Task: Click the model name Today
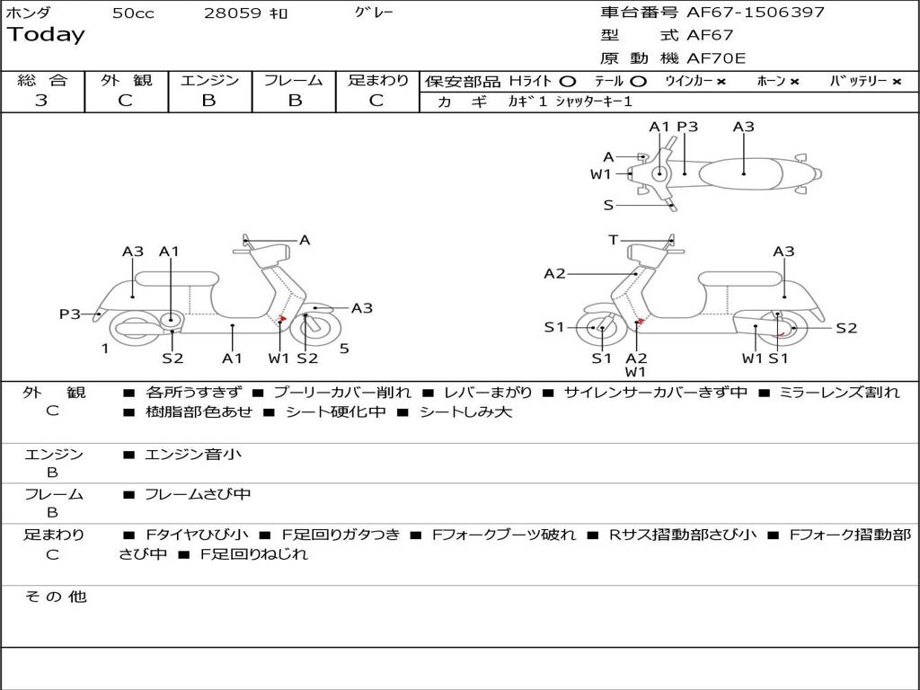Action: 46,35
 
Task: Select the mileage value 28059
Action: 233,13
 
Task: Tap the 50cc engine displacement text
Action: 133,13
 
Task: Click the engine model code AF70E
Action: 716,59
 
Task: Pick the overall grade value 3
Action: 41,101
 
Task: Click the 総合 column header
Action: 42,81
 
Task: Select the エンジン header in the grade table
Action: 209,81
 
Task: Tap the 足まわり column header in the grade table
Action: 377,81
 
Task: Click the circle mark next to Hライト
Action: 568,82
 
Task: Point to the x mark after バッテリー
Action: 897,82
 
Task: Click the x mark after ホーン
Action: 794,82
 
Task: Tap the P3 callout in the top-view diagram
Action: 687,127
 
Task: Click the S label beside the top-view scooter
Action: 608,205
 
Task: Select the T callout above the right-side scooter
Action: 613,240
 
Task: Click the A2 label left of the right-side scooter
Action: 554,273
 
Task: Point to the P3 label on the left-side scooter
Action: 70,314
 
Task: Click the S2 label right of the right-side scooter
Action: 846,328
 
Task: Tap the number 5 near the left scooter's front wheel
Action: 344,349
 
